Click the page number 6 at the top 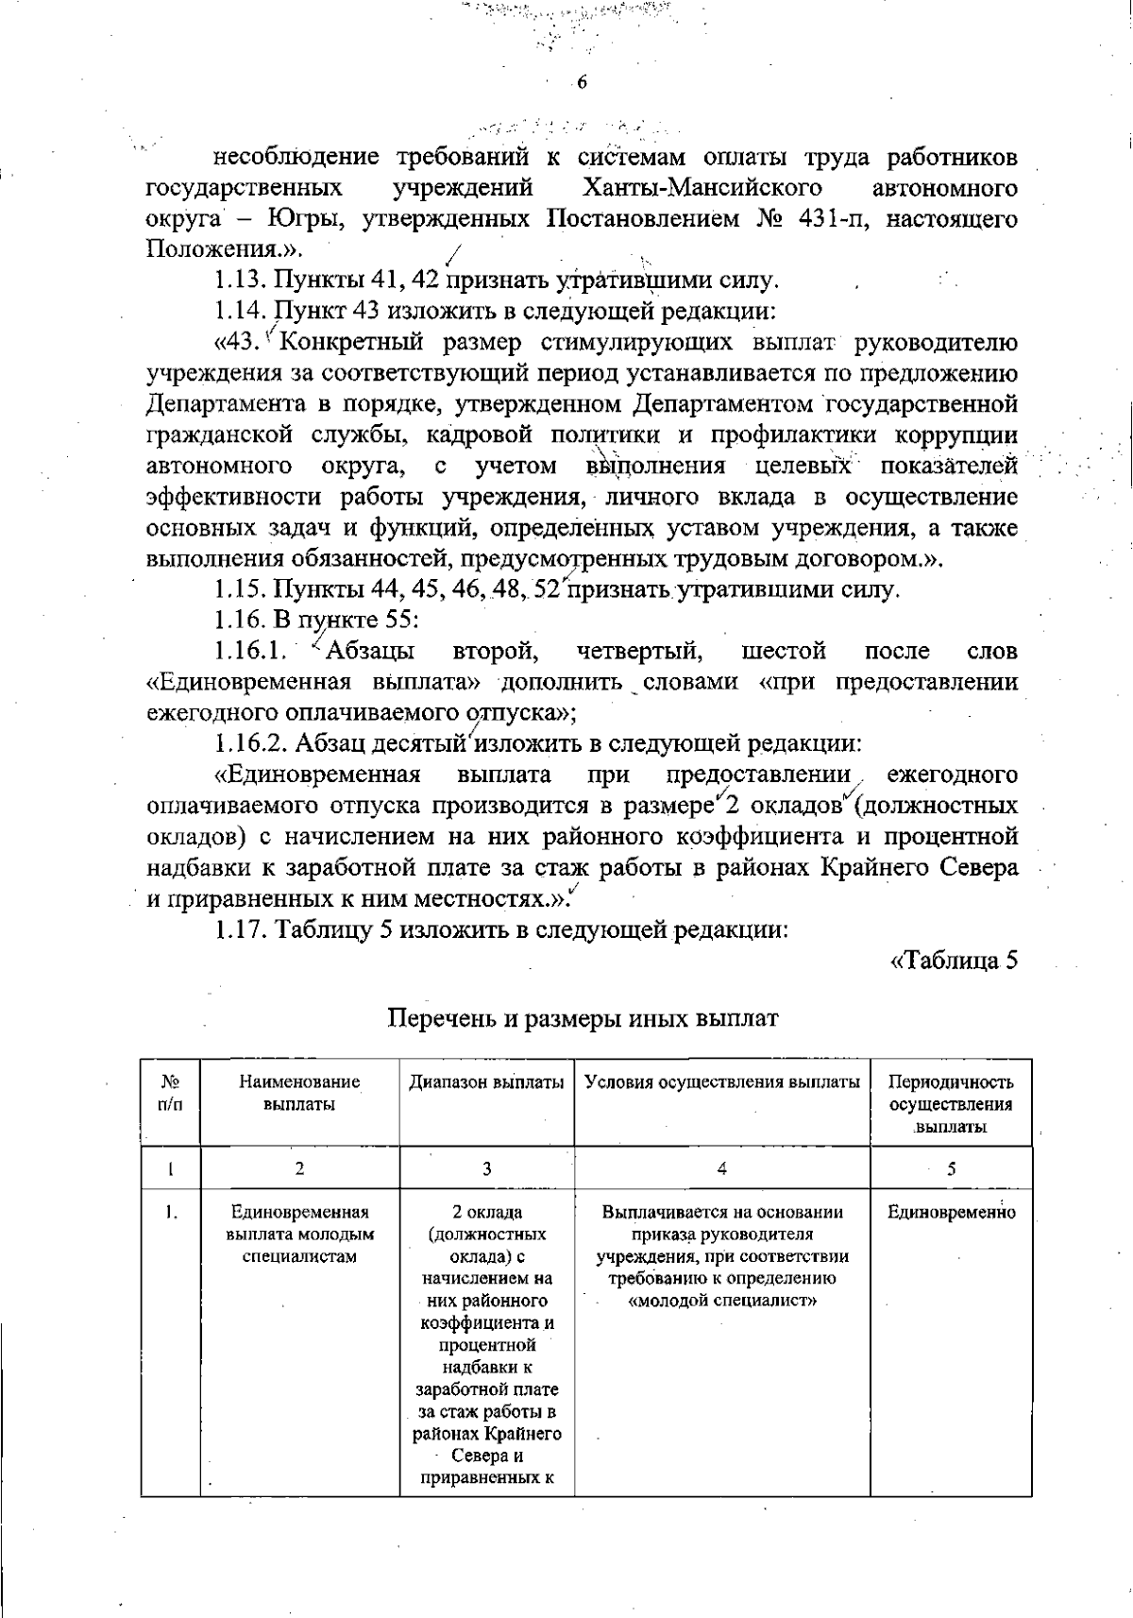click(x=582, y=82)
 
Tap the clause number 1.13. click(x=241, y=281)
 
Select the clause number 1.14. click(x=241, y=311)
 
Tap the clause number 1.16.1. click(x=249, y=652)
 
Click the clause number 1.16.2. click(x=249, y=743)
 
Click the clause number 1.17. click(x=241, y=929)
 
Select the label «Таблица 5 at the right click(x=955, y=961)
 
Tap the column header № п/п click(x=171, y=1093)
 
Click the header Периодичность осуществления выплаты click(x=951, y=1104)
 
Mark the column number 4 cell click(x=721, y=1168)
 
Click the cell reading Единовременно click(x=951, y=1213)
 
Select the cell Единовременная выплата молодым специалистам click(x=299, y=1234)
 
